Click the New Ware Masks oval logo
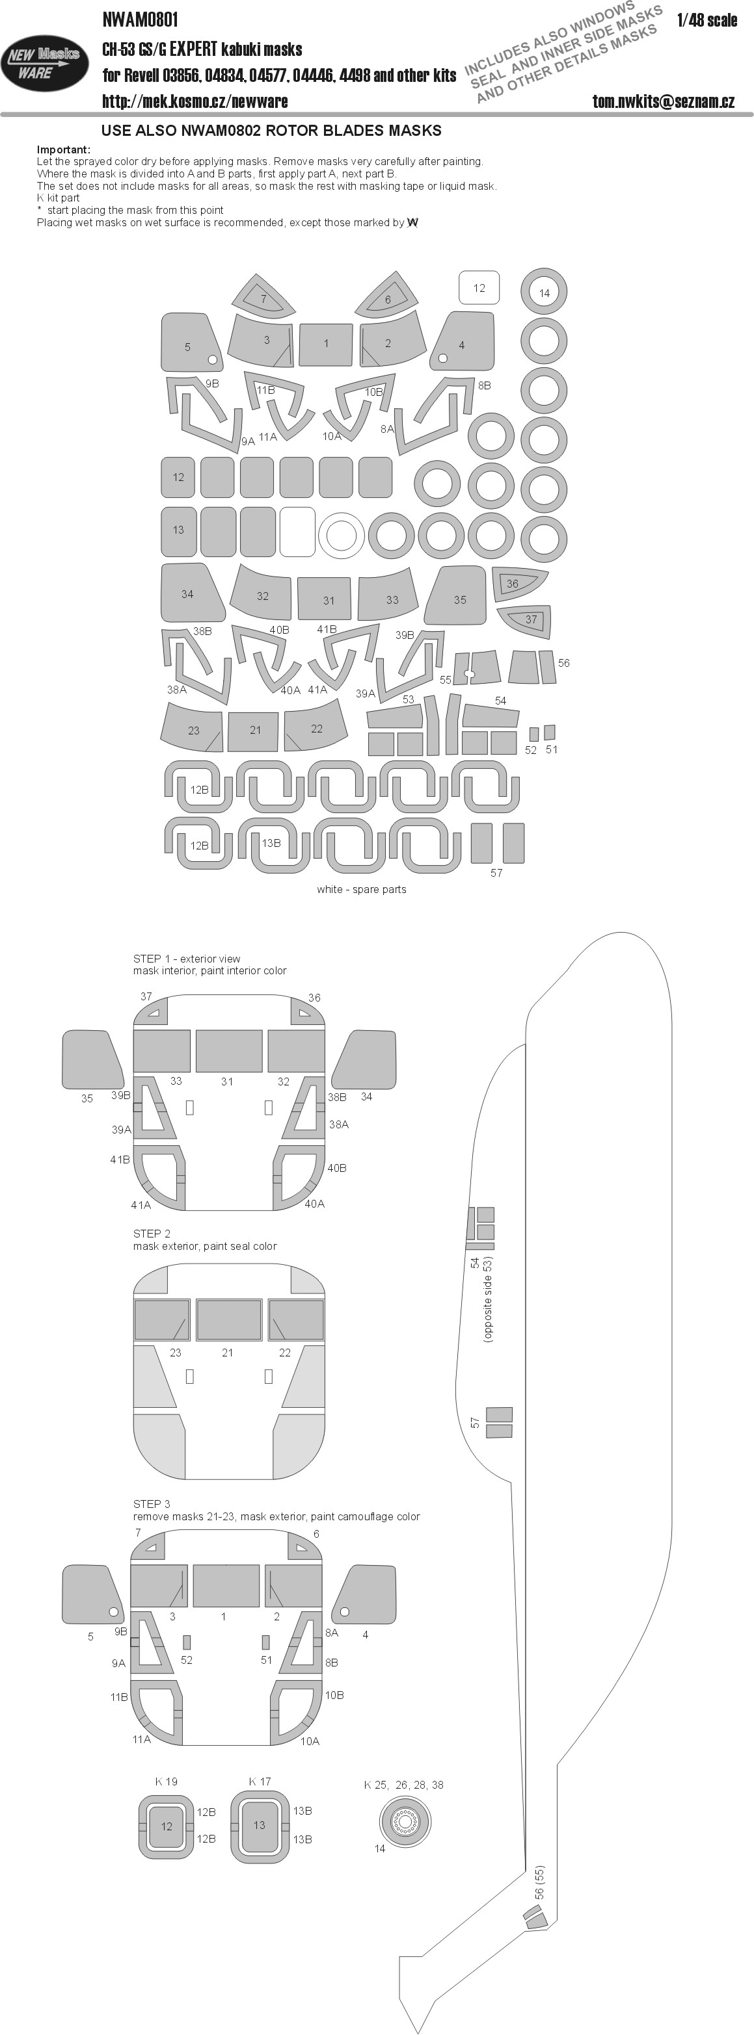[x=45, y=63]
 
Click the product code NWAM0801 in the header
[x=140, y=19]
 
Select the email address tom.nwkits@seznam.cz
[x=663, y=101]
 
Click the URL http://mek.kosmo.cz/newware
[x=195, y=101]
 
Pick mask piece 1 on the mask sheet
[x=327, y=344]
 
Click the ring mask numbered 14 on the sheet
[x=545, y=292]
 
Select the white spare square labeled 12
[x=479, y=287]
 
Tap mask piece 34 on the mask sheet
[x=191, y=593]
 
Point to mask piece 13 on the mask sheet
[x=179, y=529]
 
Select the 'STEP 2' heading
[x=152, y=1233]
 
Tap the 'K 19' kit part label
[x=166, y=1782]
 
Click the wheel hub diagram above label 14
[x=405, y=1821]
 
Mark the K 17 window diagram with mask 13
[x=259, y=1825]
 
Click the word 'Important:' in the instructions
[x=63, y=149]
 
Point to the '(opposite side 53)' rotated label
[x=488, y=1299]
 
